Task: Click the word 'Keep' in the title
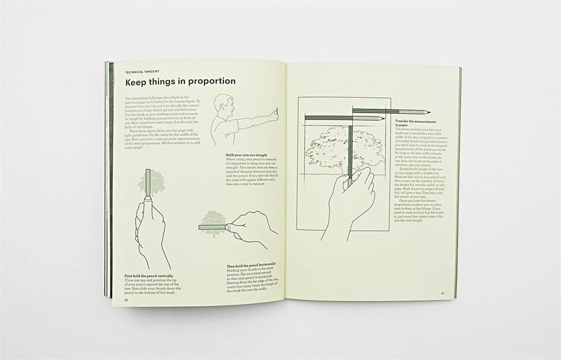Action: click(x=137, y=81)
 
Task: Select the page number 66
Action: click(x=126, y=300)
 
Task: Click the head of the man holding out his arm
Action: click(x=220, y=103)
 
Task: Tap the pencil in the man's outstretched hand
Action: click(x=276, y=114)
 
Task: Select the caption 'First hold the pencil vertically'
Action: click(x=151, y=274)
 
